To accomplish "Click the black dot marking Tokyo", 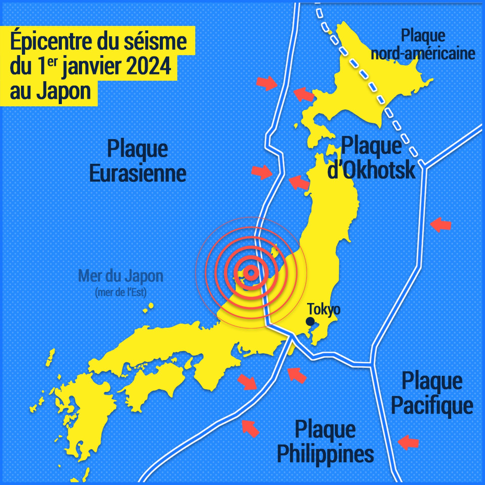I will tap(310, 322).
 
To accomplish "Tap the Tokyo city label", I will tap(324, 309).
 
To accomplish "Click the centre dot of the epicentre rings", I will tap(251, 273).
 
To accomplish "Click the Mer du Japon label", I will tap(121, 276).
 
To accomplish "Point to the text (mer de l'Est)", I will tap(121, 292).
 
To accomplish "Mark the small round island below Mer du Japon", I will tap(151, 306).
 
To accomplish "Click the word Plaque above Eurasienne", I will tap(138, 149).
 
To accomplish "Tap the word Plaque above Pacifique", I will tap(432, 381).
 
